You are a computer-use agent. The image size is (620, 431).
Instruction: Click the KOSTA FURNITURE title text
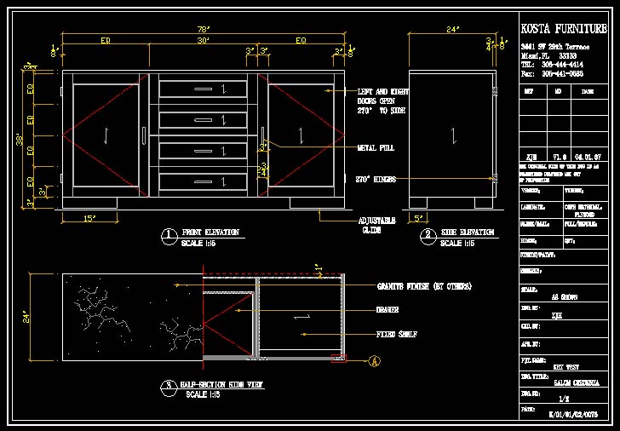point(564,28)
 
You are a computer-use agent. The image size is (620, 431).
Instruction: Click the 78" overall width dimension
point(204,29)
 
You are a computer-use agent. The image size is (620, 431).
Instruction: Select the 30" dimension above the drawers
point(204,40)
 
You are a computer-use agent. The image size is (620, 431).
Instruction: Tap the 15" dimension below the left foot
point(89,218)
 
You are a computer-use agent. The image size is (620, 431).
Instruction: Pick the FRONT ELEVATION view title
point(210,232)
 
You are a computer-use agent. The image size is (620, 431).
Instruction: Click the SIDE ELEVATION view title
point(467,232)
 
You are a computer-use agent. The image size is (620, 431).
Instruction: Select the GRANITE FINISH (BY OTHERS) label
point(424,285)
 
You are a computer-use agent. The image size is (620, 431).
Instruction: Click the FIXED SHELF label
point(397,334)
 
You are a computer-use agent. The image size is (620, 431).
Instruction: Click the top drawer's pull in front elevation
point(204,89)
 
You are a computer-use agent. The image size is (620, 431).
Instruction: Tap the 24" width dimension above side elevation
point(452,29)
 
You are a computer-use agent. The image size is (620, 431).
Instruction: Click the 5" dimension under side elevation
point(419,218)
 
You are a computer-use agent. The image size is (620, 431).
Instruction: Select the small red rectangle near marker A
point(339,359)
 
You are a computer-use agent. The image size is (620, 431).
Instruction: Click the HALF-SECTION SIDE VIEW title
point(222,385)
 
